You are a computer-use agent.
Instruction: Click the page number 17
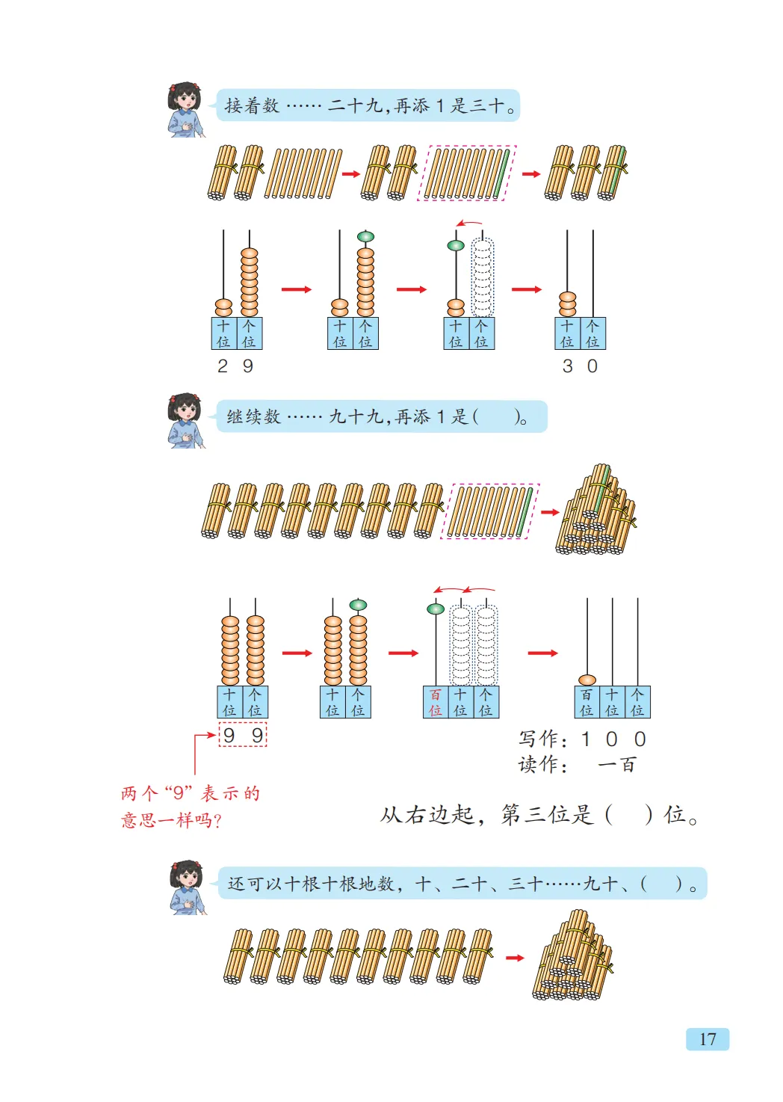[707, 1038]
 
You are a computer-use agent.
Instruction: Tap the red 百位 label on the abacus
[436, 703]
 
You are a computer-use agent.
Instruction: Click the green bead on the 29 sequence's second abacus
[365, 237]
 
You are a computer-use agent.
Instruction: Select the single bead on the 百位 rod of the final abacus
[587, 680]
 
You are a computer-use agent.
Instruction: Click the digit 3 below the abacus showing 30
[568, 366]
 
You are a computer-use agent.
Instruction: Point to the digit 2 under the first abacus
[223, 366]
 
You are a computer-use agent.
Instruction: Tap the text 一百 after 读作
[616, 765]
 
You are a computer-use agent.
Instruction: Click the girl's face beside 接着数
[186, 99]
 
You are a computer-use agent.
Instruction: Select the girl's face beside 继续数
[186, 410]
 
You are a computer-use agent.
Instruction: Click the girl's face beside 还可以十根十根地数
[188, 878]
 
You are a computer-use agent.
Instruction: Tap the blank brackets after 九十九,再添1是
[497, 417]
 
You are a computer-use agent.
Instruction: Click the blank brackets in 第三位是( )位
[628, 814]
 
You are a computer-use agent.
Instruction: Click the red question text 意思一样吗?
[171, 820]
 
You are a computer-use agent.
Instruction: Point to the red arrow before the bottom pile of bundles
[515, 958]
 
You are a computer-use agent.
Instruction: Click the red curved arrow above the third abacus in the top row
[469, 223]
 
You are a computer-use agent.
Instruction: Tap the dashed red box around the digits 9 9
[243, 735]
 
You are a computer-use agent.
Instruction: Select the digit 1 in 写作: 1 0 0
[586, 739]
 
